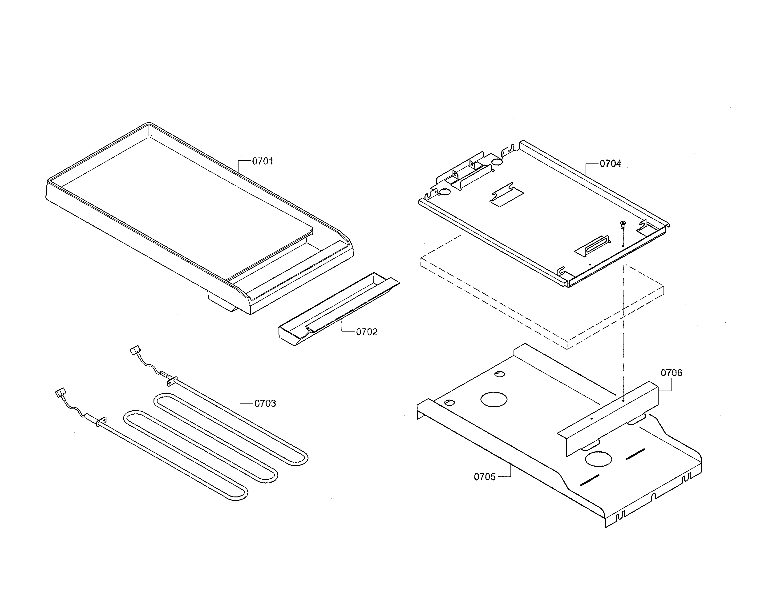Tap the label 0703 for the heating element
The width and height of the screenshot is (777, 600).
265,404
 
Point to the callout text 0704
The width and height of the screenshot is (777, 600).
611,164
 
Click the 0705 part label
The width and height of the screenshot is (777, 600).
485,477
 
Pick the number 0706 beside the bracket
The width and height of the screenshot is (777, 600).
672,373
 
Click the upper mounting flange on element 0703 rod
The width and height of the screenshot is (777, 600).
172,381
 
